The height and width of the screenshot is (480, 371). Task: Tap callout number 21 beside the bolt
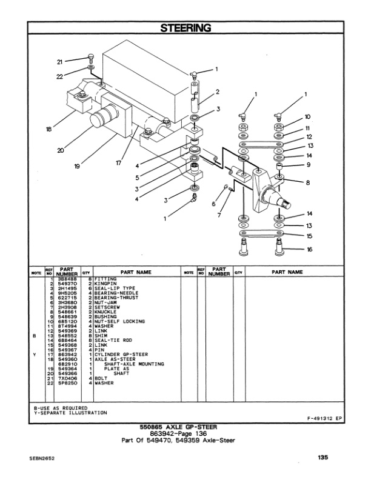(60, 62)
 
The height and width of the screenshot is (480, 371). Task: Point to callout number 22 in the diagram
(60, 76)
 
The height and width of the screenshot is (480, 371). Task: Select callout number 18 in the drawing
(48, 128)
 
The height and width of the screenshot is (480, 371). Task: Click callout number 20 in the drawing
(61, 150)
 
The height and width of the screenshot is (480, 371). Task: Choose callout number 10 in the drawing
(308, 116)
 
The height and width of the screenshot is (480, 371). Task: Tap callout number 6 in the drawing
(214, 205)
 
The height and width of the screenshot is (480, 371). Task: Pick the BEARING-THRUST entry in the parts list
(114, 298)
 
